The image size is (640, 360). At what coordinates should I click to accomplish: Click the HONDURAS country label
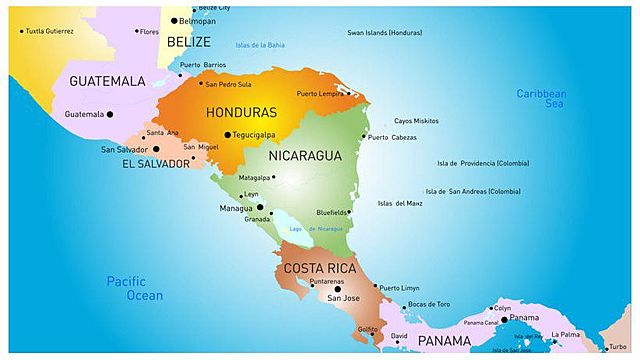pyautogui.click(x=240, y=112)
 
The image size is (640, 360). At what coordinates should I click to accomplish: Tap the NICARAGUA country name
pyautogui.click(x=305, y=155)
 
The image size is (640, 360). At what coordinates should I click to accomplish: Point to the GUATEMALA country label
pyautogui.click(x=107, y=80)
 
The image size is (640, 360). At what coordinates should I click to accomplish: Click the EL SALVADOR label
pyautogui.click(x=155, y=163)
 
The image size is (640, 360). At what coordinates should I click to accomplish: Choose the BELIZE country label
pyautogui.click(x=188, y=42)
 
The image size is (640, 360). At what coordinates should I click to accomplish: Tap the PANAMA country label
pyautogui.click(x=444, y=341)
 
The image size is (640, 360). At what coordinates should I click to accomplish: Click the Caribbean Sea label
pyautogui.click(x=541, y=98)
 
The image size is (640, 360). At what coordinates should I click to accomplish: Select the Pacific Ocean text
pyautogui.click(x=134, y=288)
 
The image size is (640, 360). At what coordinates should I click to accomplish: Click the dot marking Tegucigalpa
pyautogui.click(x=227, y=134)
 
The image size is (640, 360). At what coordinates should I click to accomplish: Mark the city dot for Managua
pyautogui.click(x=260, y=208)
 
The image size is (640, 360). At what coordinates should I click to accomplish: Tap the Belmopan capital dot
pyautogui.click(x=174, y=20)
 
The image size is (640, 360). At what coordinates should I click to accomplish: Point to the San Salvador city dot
pyautogui.click(x=155, y=149)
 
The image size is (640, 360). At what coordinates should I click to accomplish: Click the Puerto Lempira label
pyautogui.click(x=319, y=94)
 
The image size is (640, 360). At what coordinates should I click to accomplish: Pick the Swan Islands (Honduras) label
pyautogui.click(x=384, y=32)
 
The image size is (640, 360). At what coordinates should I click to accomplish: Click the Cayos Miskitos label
pyautogui.click(x=416, y=120)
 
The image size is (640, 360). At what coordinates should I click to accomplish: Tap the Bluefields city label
pyautogui.click(x=331, y=212)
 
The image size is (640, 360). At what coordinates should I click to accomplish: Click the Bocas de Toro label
pyautogui.click(x=429, y=304)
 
